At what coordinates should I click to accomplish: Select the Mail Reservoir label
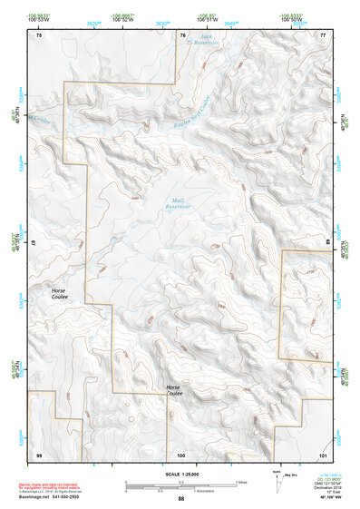(178, 204)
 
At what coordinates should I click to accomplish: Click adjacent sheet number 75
(38, 35)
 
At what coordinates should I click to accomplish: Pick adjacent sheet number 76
(181, 35)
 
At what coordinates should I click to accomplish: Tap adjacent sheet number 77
(323, 35)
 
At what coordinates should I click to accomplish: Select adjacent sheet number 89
(326, 244)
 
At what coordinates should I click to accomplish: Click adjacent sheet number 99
(38, 454)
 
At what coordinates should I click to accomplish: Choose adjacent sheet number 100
(181, 454)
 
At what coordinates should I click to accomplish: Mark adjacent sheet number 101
(323, 454)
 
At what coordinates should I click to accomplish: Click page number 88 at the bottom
(180, 498)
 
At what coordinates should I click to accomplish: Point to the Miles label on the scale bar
(241, 482)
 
